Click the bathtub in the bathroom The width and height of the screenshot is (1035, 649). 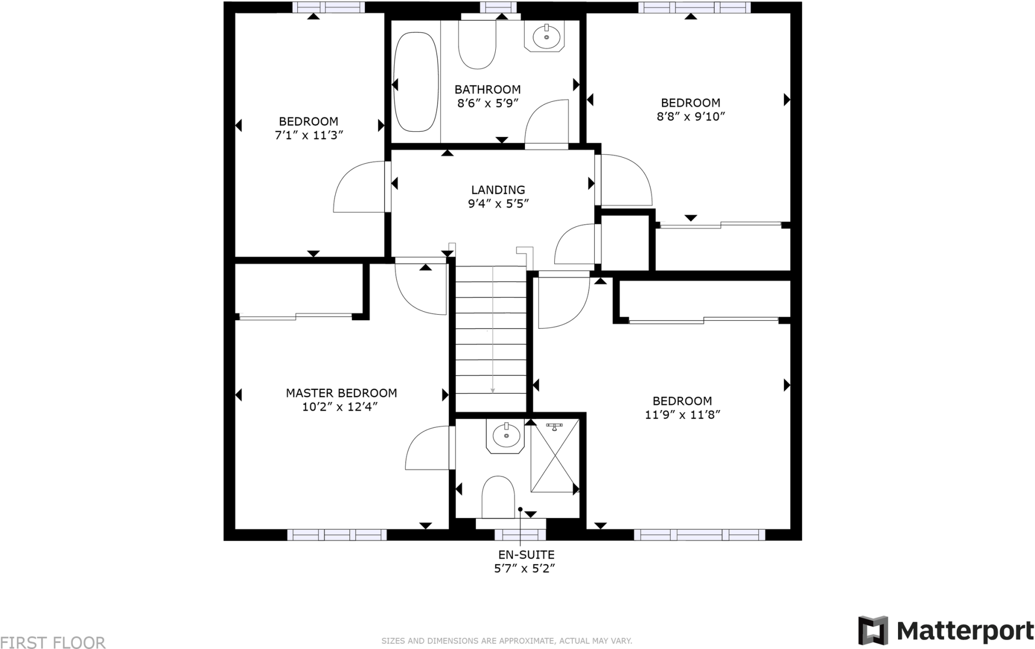coord(416,82)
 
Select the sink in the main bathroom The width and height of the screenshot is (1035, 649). coord(546,36)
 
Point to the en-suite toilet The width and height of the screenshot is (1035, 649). coord(498,496)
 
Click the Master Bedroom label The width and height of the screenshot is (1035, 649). coord(341,393)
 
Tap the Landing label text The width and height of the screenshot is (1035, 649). coord(498,190)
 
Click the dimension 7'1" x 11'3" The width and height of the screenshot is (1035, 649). coord(309,135)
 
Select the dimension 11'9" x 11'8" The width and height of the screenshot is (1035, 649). coord(682,415)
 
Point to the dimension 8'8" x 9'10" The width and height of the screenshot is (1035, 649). coord(690,116)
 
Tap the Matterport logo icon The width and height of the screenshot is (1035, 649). coord(873,630)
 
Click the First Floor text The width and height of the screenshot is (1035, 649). coord(53,642)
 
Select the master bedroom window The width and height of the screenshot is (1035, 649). coord(337,535)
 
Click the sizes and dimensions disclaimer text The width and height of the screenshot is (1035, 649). coord(506,641)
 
